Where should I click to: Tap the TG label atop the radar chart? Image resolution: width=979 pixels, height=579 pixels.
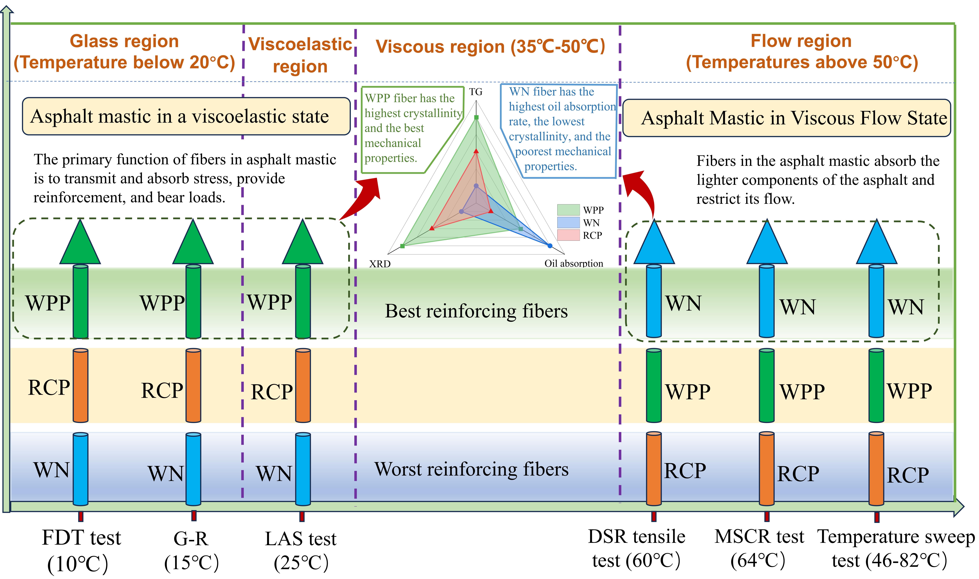475,92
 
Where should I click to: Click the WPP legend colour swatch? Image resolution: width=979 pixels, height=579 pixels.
568,210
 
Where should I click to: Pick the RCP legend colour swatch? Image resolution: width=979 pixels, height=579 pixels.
568,235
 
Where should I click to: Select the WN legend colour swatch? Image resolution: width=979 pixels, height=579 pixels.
568,222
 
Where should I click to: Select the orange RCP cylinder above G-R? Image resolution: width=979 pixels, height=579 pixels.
193,386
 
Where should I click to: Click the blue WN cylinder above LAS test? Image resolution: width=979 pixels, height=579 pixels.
303,469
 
